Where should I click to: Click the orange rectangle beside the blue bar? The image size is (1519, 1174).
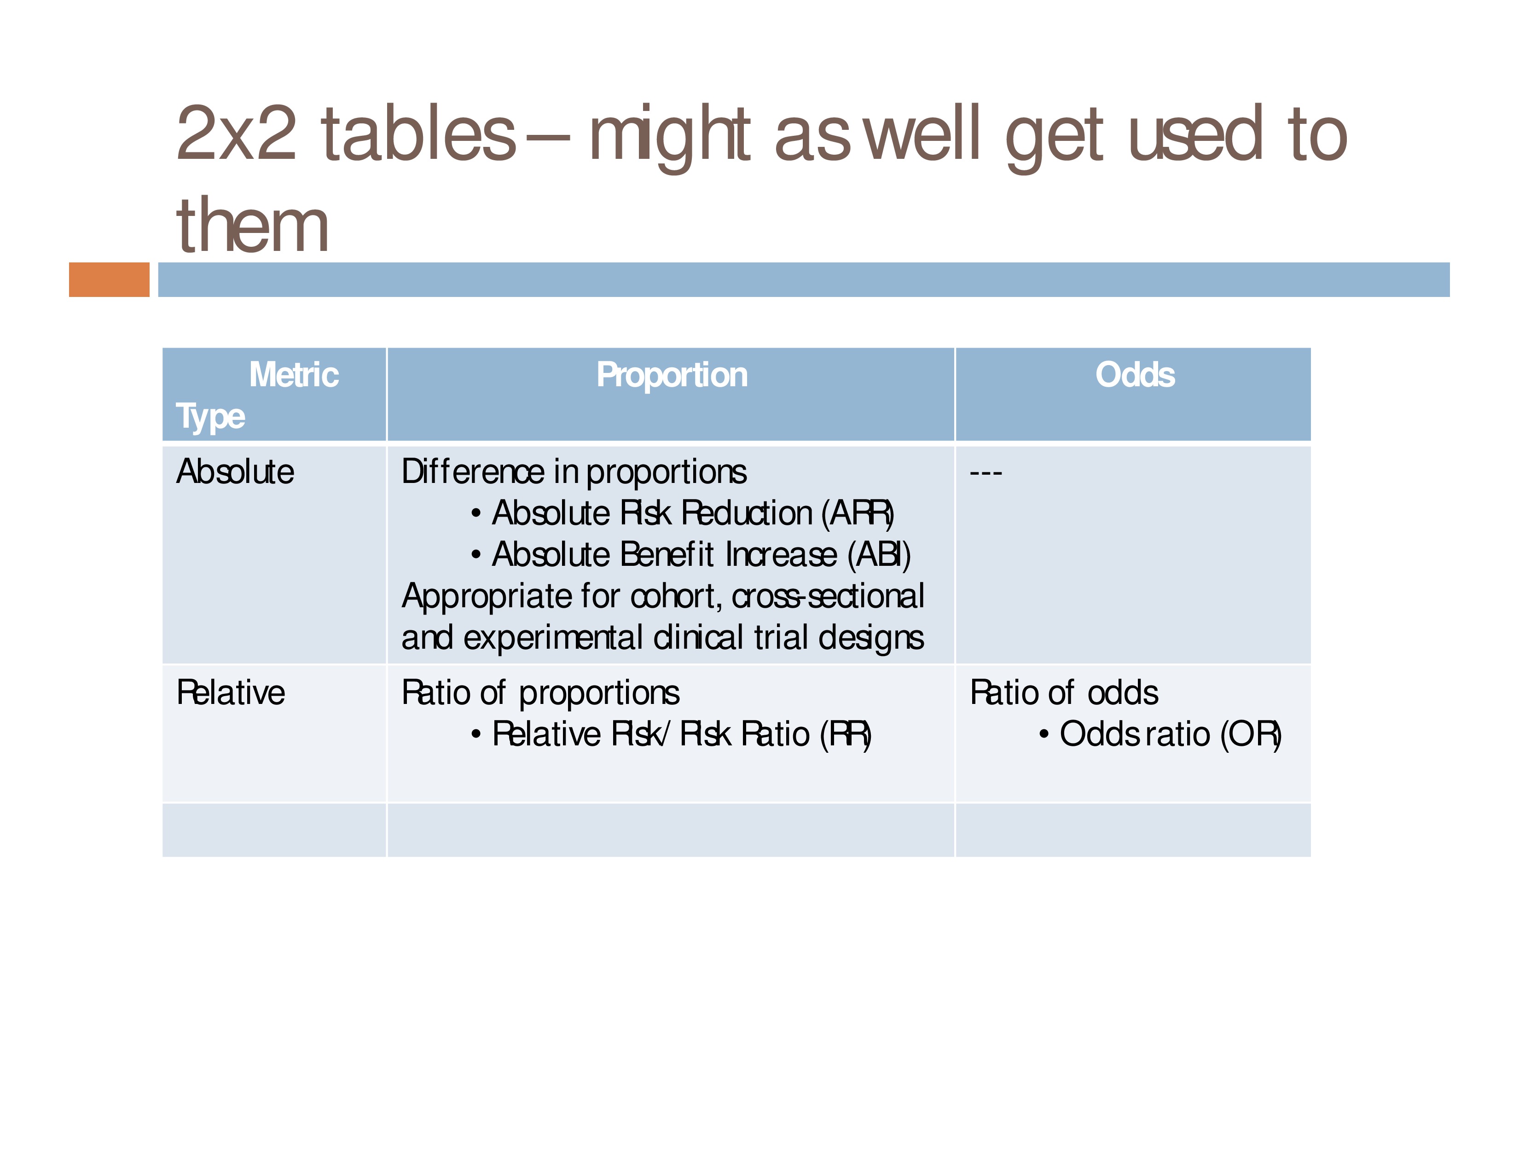point(109,279)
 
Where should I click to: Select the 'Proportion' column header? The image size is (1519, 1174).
point(672,376)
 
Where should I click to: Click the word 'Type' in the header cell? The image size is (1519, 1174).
point(210,417)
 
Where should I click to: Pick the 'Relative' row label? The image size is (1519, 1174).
point(231,693)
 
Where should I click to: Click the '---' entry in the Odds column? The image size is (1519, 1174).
point(986,473)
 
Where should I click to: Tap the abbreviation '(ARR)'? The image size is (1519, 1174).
point(858,513)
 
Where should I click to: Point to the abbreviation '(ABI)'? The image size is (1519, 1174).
point(879,555)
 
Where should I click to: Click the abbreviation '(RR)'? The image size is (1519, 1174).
point(846,734)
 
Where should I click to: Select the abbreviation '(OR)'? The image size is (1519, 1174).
point(1251,734)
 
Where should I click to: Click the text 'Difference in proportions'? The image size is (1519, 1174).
point(574,472)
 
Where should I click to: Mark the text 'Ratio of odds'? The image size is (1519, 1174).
point(1064,693)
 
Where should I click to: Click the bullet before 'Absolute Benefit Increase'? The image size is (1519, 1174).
point(476,555)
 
